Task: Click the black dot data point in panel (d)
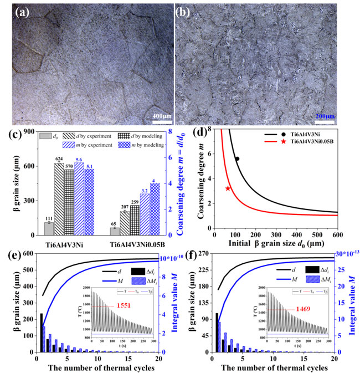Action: pos(237,159)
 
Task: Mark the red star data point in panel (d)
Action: pos(228,188)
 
